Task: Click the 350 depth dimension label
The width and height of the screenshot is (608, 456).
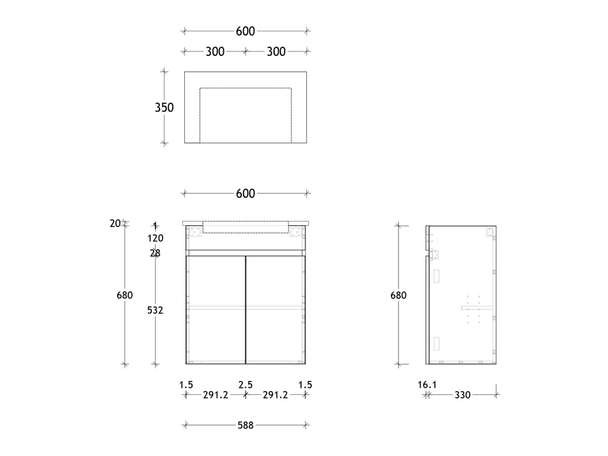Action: click(x=164, y=107)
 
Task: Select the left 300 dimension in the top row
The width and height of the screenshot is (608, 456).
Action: click(x=215, y=51)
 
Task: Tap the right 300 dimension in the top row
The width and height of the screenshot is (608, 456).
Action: click(x=276, y=51)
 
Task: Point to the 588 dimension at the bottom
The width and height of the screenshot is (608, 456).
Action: click(x=245, y=425)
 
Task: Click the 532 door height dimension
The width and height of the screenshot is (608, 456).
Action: click(x=155, y=310)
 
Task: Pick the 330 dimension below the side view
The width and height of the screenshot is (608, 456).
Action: click(x=463, y=395)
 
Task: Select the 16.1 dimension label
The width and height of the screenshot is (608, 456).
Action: click(x=427, y=385)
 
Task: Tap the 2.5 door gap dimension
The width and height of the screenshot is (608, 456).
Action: click(x=246, y=385)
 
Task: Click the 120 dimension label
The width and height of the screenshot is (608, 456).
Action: click(x=156, y=238)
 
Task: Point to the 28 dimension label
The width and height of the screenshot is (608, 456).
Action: click(x=155, y=253)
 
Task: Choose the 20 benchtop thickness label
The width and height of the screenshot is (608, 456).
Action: click(x=115, y=222)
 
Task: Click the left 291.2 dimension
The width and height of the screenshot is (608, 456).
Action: click(x=215, y=395)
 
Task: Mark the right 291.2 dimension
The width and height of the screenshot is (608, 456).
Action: click(x=275, y=395)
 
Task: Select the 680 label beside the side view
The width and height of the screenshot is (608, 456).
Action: click(x=398, y=295)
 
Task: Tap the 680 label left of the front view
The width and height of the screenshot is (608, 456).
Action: click(x=125, y=295)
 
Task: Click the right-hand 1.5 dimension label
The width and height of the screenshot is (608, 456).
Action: click(x=305, y=385)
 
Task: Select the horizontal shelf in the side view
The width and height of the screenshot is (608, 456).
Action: click(x=476, y=307)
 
